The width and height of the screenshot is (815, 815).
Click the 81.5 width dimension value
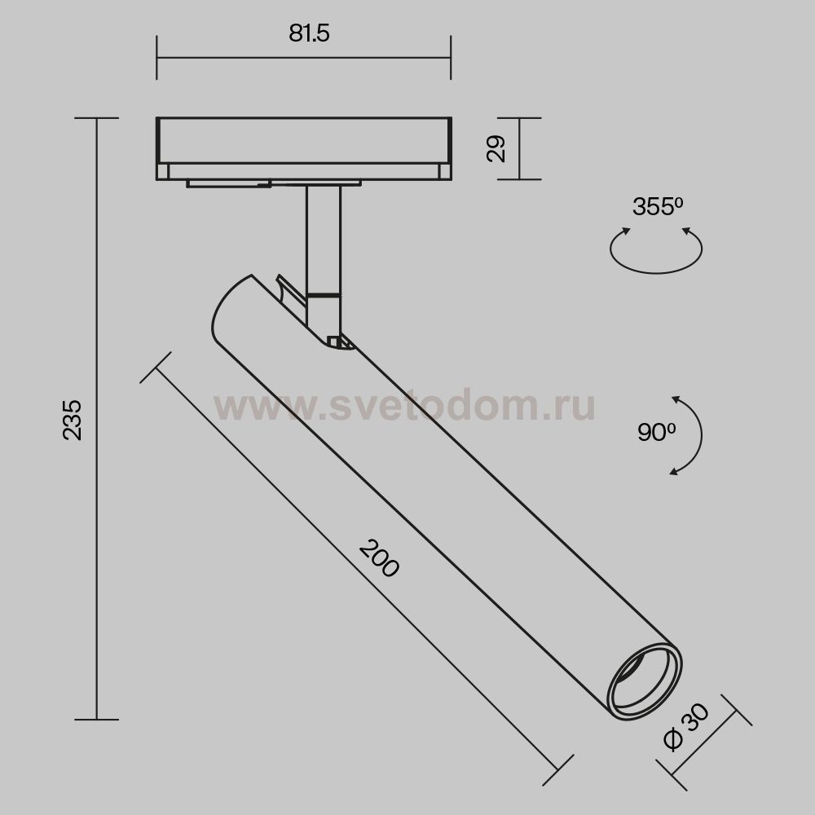pyautogui.click(x=309, y=33)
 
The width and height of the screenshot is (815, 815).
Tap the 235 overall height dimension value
pyautogui.click(x=73, y=420)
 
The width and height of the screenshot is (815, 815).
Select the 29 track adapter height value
pyautogui.click(x=496, y=148)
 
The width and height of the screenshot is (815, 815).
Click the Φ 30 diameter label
pyautogui.click(x=686, y=727)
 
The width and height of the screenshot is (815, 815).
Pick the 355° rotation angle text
pyautogui.click(x=658, y=207)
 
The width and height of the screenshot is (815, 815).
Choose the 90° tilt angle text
pyautogui.click(x=656, y=433)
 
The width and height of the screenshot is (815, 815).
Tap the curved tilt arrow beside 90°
pyautogui.click(x=701, y=434)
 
